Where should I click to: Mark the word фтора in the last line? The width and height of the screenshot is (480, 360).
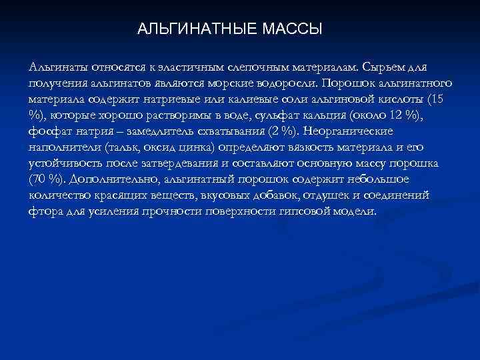tap(45, 211)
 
